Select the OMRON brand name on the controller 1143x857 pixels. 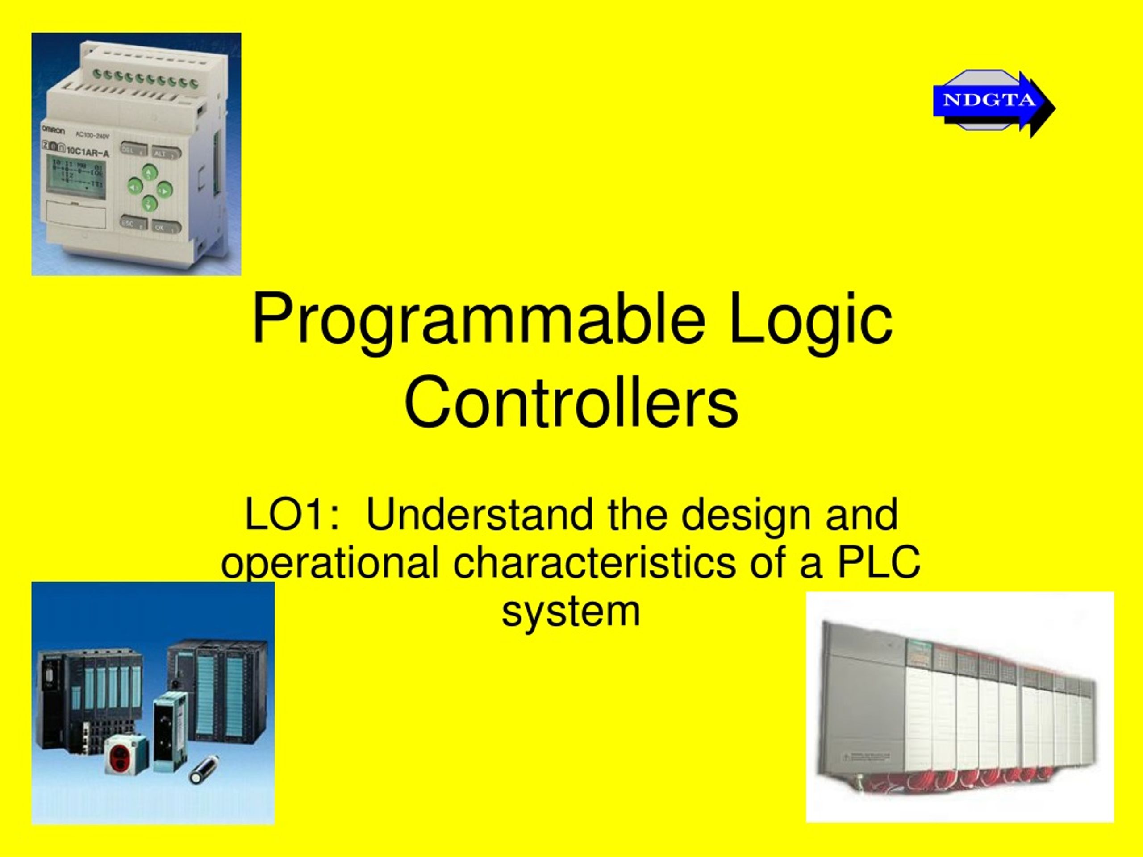pyautogui.click(x=53, y=131)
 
